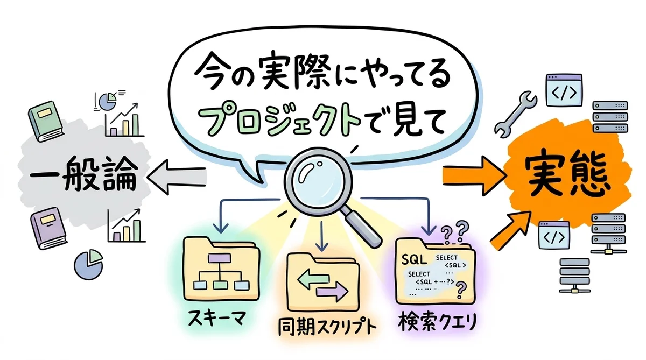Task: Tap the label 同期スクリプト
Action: click(x=323, y=328)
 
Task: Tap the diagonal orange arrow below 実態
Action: click(x=509, y=230)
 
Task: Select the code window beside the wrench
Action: click(x=563, y=90)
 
